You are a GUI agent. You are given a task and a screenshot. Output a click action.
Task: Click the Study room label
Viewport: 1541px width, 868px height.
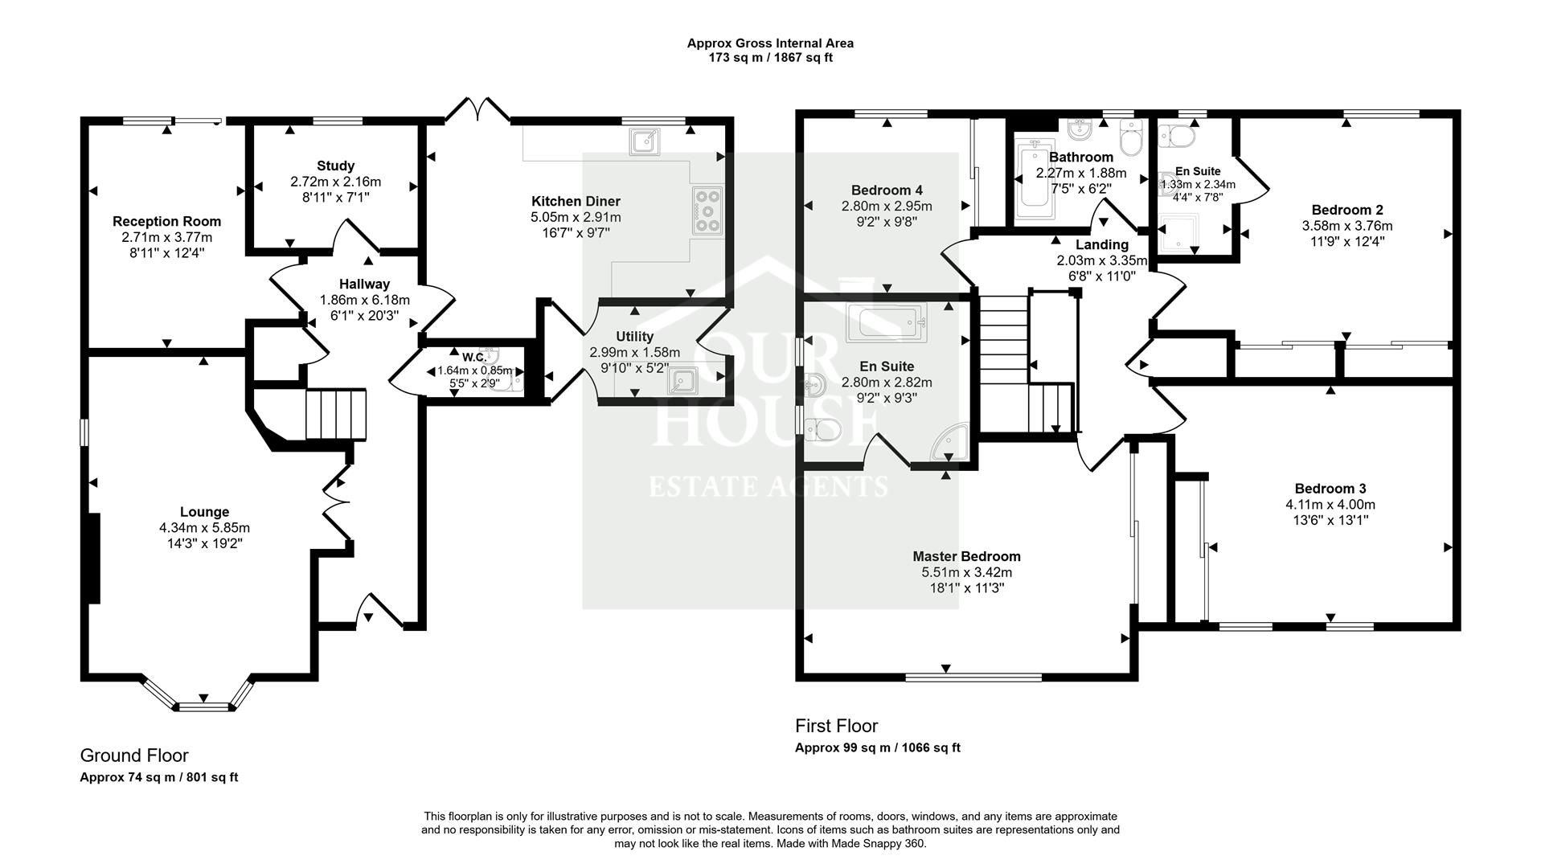(x=335, y=166)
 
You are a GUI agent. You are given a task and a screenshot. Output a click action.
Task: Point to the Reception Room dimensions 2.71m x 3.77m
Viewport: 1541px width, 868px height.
(x=166, y=237)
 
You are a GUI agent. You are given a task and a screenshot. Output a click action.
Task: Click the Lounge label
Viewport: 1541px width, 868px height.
(x=204, y=512)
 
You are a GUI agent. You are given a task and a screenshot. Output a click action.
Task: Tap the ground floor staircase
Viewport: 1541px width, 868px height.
(x=336, y=414)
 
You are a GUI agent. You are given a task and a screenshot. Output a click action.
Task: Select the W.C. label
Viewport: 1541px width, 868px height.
(x=473, y=357)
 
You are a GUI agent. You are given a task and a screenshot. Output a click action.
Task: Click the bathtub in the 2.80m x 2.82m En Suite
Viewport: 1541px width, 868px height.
(x=887, y=323)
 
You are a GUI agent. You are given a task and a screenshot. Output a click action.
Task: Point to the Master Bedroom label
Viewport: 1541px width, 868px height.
(x=966, y=556)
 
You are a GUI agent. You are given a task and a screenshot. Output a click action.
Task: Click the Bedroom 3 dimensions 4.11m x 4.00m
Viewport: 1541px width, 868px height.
(x=1330, y=505)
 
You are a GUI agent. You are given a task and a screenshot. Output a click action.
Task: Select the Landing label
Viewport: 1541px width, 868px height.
(x=1101, y=244)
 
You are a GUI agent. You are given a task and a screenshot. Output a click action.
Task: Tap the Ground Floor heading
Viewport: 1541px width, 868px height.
(x=134, y=755)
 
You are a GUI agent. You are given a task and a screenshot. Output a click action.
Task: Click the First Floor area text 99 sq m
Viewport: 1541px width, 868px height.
(x=877, y=747)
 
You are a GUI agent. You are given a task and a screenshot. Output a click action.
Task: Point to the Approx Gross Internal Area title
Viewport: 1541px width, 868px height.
(x=769, y=43)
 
